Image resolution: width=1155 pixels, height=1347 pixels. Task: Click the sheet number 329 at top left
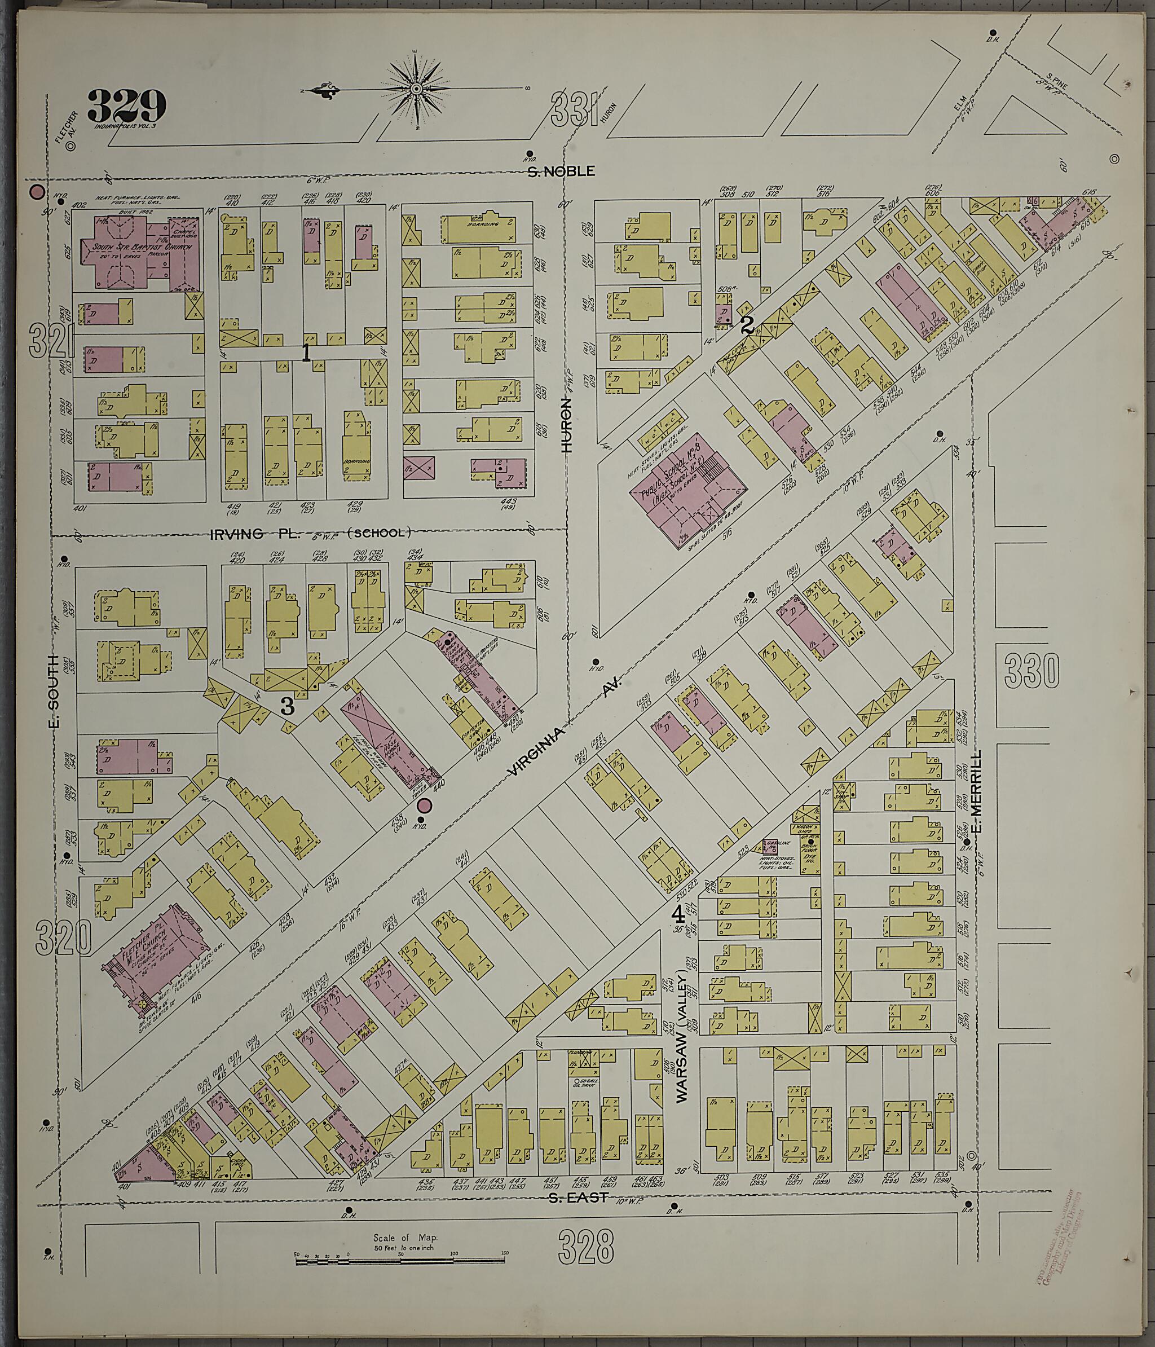127,105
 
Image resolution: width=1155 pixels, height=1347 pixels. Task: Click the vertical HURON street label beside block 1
567,426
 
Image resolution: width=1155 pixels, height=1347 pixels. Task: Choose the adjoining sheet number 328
585,1245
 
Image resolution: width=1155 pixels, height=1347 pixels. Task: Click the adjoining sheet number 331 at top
574,109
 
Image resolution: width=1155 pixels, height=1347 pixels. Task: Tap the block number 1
306,352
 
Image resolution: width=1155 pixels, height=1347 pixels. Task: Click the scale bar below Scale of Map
400,1261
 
